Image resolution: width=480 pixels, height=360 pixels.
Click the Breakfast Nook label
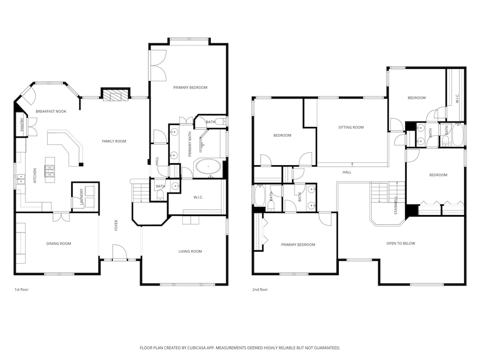[51, 111]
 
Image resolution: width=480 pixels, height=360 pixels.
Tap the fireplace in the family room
[115, 96]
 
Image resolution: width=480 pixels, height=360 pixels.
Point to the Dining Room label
[57, 243]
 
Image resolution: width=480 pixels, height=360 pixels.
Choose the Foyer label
[116, 225]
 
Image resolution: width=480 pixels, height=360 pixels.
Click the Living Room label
[190, 251]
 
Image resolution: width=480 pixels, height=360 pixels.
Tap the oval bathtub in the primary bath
[209, 166]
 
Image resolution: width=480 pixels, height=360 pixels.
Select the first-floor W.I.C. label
[199, 198]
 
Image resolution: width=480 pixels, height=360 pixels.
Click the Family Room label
[114, 141]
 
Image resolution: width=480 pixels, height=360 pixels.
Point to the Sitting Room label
[351, 127]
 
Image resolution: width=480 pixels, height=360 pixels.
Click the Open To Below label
[399, 243]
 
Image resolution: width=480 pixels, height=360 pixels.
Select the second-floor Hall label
[347, 172]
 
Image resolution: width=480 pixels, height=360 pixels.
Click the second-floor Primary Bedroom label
[298, 245]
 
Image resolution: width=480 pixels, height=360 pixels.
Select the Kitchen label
[35, 175]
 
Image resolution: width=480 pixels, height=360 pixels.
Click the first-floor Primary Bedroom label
[190, 88]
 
